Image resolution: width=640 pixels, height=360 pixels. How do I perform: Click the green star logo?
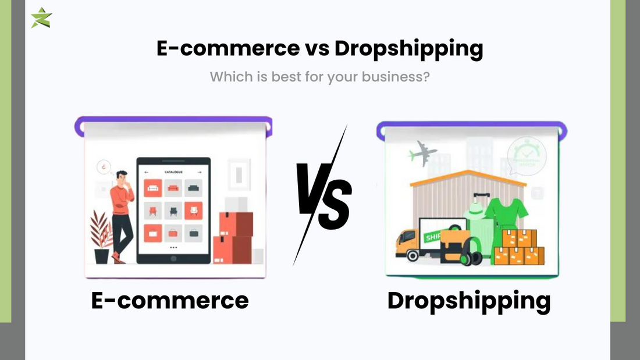(41, 17)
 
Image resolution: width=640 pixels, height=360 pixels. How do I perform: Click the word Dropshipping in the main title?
(408, 49)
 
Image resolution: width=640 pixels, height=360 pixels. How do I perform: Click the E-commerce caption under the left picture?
(170, 300)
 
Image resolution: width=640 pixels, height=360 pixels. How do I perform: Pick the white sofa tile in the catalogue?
(152, 187)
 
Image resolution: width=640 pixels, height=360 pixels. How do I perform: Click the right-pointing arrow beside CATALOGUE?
(200, 172)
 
